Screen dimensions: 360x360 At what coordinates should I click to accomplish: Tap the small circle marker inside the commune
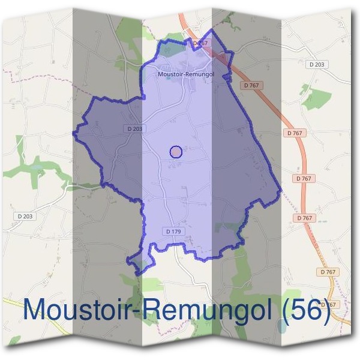point(176,152)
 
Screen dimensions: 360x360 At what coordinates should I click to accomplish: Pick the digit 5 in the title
point(298,310)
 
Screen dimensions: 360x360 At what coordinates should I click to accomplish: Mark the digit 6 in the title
point(314,310)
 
